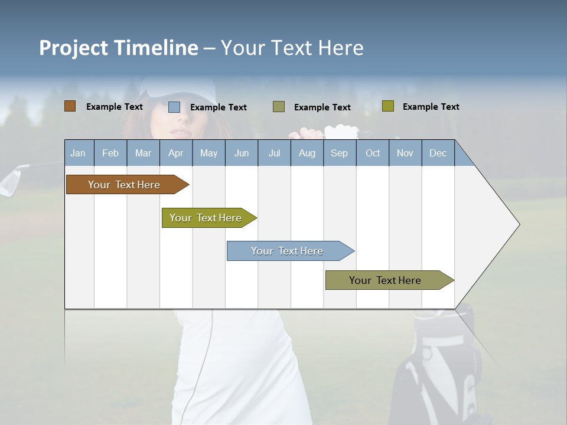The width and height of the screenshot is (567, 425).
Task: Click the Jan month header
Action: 78,153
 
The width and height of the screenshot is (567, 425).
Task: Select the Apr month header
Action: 175,153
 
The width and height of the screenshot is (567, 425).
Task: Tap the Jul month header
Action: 274,153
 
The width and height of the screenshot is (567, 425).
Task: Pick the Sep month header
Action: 339,153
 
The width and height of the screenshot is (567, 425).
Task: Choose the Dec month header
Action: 438,153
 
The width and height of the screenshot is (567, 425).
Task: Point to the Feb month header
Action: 110,153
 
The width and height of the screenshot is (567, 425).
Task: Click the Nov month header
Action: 405,153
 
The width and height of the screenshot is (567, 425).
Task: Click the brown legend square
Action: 70,106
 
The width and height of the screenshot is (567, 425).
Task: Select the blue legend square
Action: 174,107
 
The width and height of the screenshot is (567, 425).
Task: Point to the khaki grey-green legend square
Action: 279,107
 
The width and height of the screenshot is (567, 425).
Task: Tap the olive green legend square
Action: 387,106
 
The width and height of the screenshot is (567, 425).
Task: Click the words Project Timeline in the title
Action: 118,48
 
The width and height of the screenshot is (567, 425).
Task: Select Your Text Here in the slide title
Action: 292,48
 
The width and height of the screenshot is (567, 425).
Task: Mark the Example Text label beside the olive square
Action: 431,107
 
